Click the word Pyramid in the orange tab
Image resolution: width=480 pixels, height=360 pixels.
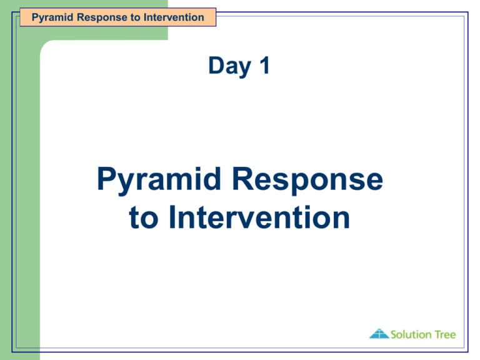(x=51, y=17)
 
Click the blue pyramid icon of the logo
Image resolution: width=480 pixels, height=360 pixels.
(x=379, y=334)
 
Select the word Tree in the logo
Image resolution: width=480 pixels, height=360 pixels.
(x=445, y=334)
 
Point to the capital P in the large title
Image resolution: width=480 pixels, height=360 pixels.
(x=108, y=181)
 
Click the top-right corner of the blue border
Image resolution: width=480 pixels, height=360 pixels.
(x=467, y=12)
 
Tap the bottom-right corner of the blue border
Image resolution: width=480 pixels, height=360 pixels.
(x=467, y=352)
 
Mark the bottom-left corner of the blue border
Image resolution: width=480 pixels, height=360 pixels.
(x=12, y=352)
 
